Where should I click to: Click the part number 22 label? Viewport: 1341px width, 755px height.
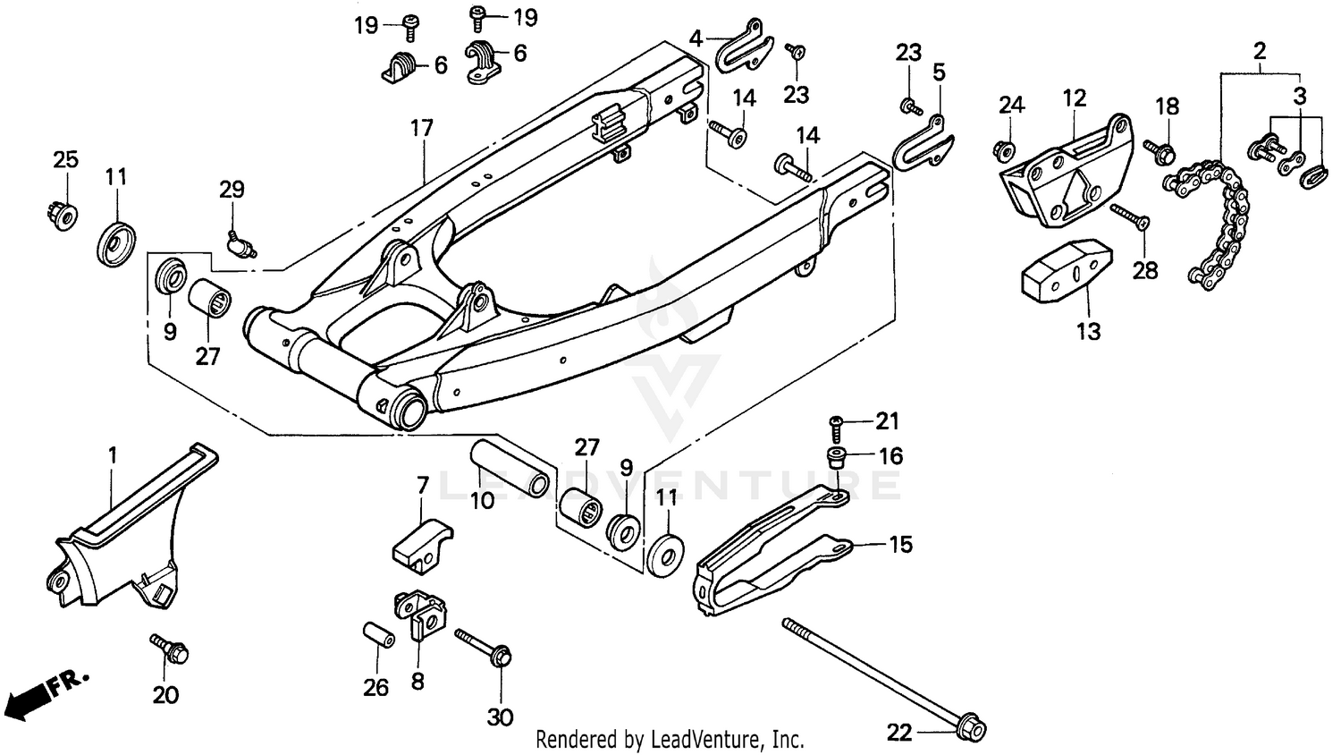tap(899, 733)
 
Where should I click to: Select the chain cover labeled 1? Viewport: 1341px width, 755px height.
tap(125, 537)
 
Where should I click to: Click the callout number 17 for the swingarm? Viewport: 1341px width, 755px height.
tap(421, 128)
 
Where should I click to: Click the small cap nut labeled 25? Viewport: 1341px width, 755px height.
tap(62, 216)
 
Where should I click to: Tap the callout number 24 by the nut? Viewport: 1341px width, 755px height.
tap(1011, 105)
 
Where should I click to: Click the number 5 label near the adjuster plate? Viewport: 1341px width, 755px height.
tap(939, 72)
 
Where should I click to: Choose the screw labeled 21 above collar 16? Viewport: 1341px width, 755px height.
tap(837, 421)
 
